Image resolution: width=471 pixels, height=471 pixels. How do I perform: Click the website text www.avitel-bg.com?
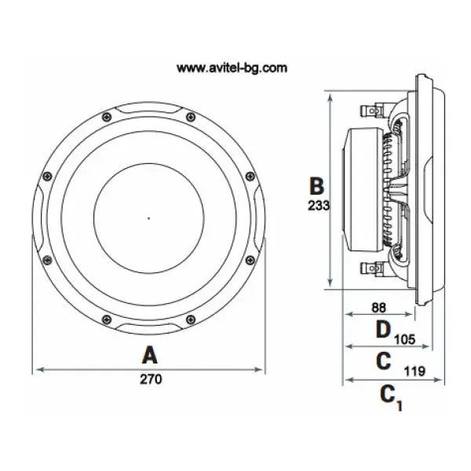tap(232, 68)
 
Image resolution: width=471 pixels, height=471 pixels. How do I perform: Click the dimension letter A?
tap(149, 355)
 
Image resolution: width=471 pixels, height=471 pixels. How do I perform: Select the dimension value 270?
tap(151, 379)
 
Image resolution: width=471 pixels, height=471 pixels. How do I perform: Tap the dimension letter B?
tap(316, 186)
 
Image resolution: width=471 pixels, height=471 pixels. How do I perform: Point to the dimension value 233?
tap(319, 206)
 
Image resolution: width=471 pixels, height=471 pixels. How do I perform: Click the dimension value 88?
tap(379, 308)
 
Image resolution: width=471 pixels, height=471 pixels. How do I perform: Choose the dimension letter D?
tap(383, 330)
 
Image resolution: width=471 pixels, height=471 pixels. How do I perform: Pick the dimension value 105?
tap(404, 339)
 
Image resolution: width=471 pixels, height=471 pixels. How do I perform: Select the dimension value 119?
tap(414, 371)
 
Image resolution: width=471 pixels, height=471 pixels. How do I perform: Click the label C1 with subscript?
tap(391, 398)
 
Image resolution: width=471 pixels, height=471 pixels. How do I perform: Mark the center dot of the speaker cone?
tap(148, 218)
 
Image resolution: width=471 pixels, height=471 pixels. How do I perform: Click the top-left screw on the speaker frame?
tap(107, 117)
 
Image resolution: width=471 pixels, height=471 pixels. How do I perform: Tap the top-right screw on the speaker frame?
tap(191, 117)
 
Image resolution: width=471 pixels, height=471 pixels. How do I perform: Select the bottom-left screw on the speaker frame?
tap(107, 319)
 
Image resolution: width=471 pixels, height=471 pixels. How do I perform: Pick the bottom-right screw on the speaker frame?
tap(191, 319)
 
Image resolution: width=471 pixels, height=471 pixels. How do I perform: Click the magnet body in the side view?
tap(363, 189)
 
